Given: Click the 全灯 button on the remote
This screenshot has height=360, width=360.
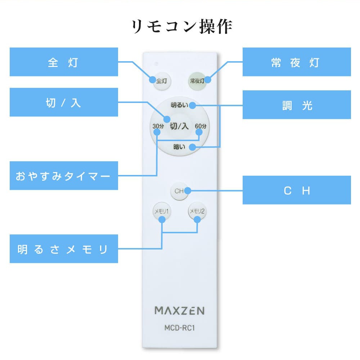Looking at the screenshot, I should click(x=161, y=81).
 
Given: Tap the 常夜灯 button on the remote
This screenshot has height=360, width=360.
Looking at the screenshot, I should click(x=197, y=81).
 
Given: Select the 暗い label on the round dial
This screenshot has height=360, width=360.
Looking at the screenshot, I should click(x=179, y=147).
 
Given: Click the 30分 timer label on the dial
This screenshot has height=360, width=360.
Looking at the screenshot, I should click(x=158, y=126).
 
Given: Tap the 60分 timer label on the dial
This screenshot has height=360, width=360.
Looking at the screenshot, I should click(x=201, y=126).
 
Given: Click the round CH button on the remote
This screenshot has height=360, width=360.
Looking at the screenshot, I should click(x=179, y=191).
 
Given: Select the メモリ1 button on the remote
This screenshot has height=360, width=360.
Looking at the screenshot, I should click(x=161, y=211).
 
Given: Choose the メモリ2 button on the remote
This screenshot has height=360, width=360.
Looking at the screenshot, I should click(x=197, y=211).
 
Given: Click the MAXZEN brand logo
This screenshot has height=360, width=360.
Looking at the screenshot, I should click(x=180, y=310).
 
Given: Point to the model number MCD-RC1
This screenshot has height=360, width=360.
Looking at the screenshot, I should click(x=180, y=328).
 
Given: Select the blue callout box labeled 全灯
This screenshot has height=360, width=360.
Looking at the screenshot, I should click(x=64, y=62).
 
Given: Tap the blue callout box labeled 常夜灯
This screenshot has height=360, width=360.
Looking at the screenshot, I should click(x=297, y=62).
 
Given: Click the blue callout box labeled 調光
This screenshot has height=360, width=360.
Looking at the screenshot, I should click(x=297, y=105).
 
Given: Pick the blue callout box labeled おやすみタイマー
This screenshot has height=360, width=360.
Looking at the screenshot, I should click(x=64, y=176).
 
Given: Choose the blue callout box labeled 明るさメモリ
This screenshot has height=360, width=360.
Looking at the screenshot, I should click(x=64, y=249).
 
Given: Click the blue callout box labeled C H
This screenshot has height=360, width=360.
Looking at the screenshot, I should click(x=297, y=190).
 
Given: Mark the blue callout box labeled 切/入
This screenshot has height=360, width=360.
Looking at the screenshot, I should click(x=64, y=102).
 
